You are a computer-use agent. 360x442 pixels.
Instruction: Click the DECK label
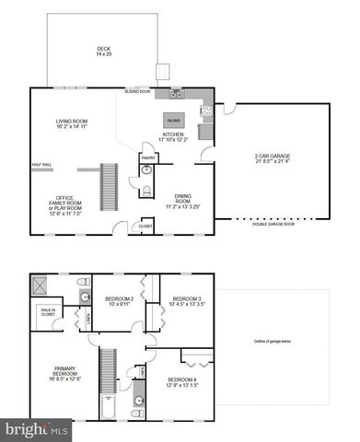pyautogui.click(x=102, y=52)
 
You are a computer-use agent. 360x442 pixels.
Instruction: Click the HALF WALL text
pyautogui.click(x=42, y=165)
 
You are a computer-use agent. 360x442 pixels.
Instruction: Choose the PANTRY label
pyautogui.click(x=148, y=157)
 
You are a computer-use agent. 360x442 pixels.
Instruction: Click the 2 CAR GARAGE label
pyautogui.click(x=273, y=159)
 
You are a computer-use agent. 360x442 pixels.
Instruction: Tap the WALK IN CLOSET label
pyautogui.click(x=46, y=311)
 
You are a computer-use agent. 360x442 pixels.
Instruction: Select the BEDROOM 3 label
pyautogui.click(x=187, y=301)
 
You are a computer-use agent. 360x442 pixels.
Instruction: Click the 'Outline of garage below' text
pyautogui.click(x=273, y=343)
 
